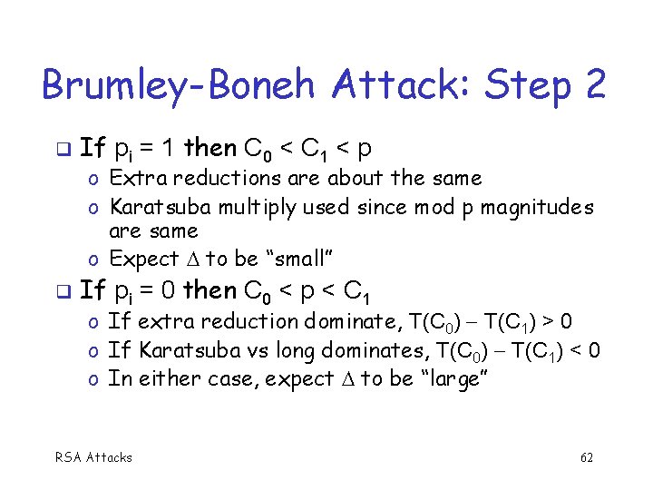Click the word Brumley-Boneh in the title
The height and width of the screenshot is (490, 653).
point(180,86)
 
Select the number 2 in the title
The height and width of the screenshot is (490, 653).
point(595,86)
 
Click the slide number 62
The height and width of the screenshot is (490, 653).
point(587,457)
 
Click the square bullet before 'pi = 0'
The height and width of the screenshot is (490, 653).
point(61,292)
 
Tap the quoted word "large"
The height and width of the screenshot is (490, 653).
point(453,379)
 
